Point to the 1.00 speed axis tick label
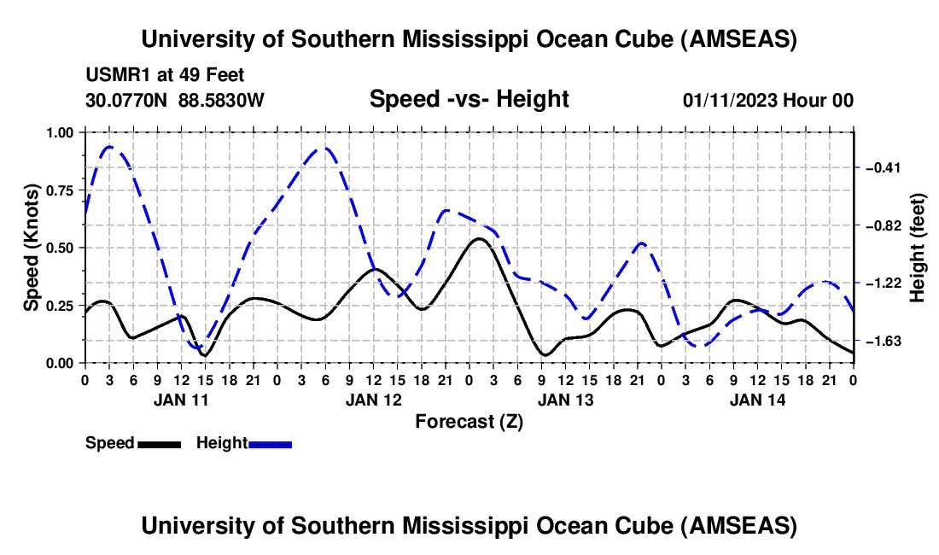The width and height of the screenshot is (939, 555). [x=60, y=132]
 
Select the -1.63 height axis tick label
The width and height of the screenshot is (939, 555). [x=884, y=342]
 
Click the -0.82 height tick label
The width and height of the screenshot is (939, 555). [x=884, y=225]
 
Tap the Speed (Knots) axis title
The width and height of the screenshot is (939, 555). [x=32, y=248]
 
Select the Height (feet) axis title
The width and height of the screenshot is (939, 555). [x=918, y=248]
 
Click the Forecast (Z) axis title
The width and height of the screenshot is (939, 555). [x=469, y=421]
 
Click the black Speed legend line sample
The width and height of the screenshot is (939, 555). [x=158, y=443]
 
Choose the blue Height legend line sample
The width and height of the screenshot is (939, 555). [x=271, y=443]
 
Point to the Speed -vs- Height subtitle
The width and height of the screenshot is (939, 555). [x=469, y=99]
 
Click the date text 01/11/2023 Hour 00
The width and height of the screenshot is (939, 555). [x=767, y=101]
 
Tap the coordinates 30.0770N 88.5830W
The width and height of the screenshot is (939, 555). [x=175, y=101]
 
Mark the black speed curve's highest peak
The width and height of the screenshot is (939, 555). [x=479, y=239]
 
